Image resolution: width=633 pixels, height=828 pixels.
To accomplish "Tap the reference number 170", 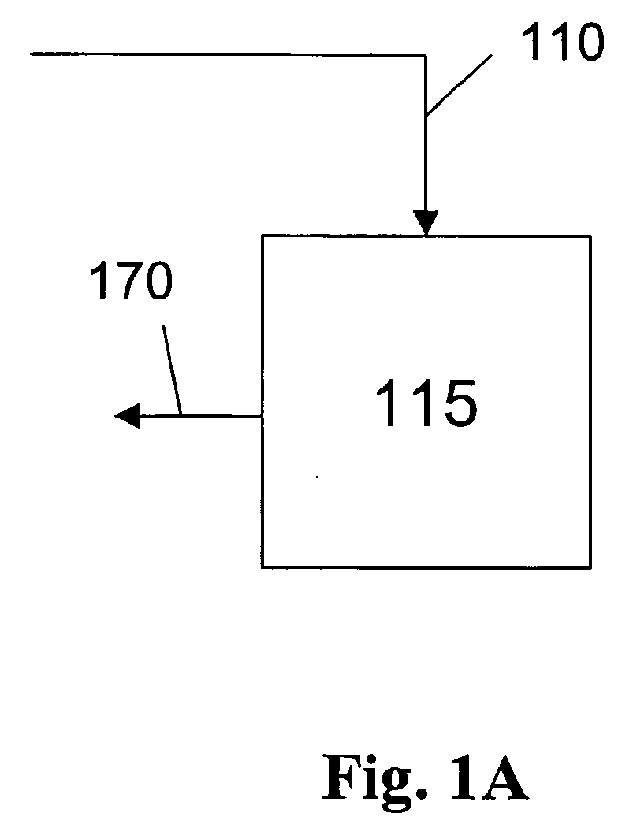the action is point(131,281).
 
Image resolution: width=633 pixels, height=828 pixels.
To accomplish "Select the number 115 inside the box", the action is point(426,403).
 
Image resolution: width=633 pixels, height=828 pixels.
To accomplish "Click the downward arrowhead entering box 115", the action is point(426,222).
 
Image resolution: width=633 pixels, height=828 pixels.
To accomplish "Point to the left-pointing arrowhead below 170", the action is point(128,416).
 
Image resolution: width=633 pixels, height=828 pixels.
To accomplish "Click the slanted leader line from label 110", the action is point(459,86).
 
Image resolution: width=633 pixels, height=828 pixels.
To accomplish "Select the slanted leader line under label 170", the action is point(173,369).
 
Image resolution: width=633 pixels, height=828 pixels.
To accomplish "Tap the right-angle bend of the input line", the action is point(426,54).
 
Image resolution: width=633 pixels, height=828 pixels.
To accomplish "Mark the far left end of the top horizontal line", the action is point(32,54).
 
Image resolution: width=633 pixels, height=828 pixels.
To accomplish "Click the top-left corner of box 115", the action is point(263,236).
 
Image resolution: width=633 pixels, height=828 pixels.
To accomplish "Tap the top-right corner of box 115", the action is point(590,236).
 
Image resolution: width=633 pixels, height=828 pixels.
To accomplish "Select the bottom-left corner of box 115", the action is point(262,566).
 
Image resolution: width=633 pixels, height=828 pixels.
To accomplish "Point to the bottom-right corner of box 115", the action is point(590,568).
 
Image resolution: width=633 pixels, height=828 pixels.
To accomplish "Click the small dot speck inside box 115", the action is point(317,477).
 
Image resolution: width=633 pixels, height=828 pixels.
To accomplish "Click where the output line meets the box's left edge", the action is point(263,416).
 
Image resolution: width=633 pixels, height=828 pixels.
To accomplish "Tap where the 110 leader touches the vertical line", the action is point(426,116).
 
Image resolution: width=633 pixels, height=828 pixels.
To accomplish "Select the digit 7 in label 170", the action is point(125,281).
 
